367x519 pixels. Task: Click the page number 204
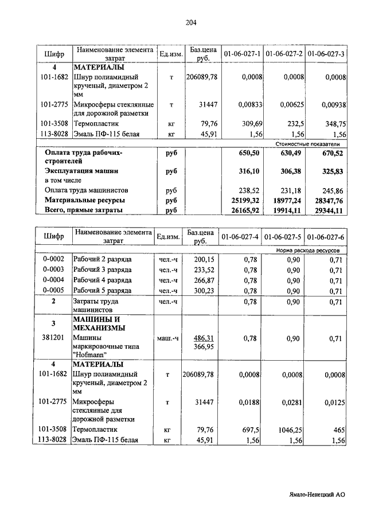(192, 23)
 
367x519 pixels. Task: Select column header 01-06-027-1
(242, 54)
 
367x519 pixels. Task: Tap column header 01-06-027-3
(325, 54)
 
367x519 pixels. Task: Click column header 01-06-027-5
(284, 237)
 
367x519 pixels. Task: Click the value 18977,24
(288, 200)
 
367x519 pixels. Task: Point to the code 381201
(53, 338)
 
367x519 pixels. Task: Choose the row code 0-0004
(53, 280)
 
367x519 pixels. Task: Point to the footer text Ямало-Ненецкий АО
(317, 493)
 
